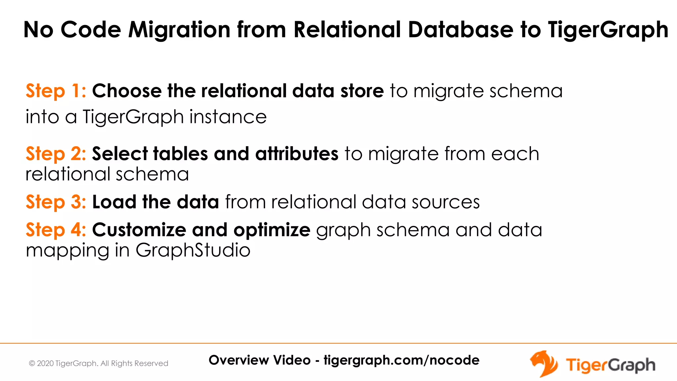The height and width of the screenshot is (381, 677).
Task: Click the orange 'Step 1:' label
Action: (56, 91)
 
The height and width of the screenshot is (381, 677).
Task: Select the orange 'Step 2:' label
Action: (56, 154)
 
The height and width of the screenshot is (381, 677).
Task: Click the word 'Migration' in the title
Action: (179, 30)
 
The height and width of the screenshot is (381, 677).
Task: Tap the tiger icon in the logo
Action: (543, 363)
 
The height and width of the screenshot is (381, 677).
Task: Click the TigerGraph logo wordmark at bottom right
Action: (610, 365)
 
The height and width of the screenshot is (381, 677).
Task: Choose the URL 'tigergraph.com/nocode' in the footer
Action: (401, 360)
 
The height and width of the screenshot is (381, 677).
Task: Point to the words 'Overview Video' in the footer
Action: (259, 360)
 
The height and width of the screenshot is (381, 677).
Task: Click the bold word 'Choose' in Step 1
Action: (127, 91)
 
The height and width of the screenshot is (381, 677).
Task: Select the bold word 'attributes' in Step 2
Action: (297, 154)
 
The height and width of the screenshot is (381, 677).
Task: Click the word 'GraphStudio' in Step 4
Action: (193, 250)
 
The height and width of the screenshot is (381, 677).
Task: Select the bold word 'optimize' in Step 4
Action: (272, 231)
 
